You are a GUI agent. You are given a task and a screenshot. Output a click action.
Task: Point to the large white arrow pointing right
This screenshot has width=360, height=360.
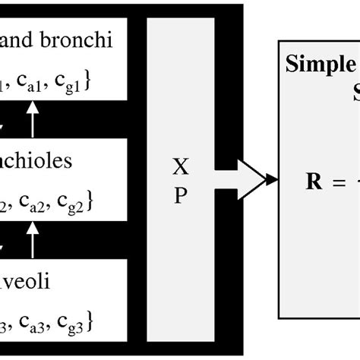tap(242, 179)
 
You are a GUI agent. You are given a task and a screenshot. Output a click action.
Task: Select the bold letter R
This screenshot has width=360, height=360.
tap(312, 182)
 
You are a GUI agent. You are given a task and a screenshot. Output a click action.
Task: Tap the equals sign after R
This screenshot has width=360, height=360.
tap(335, 182)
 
